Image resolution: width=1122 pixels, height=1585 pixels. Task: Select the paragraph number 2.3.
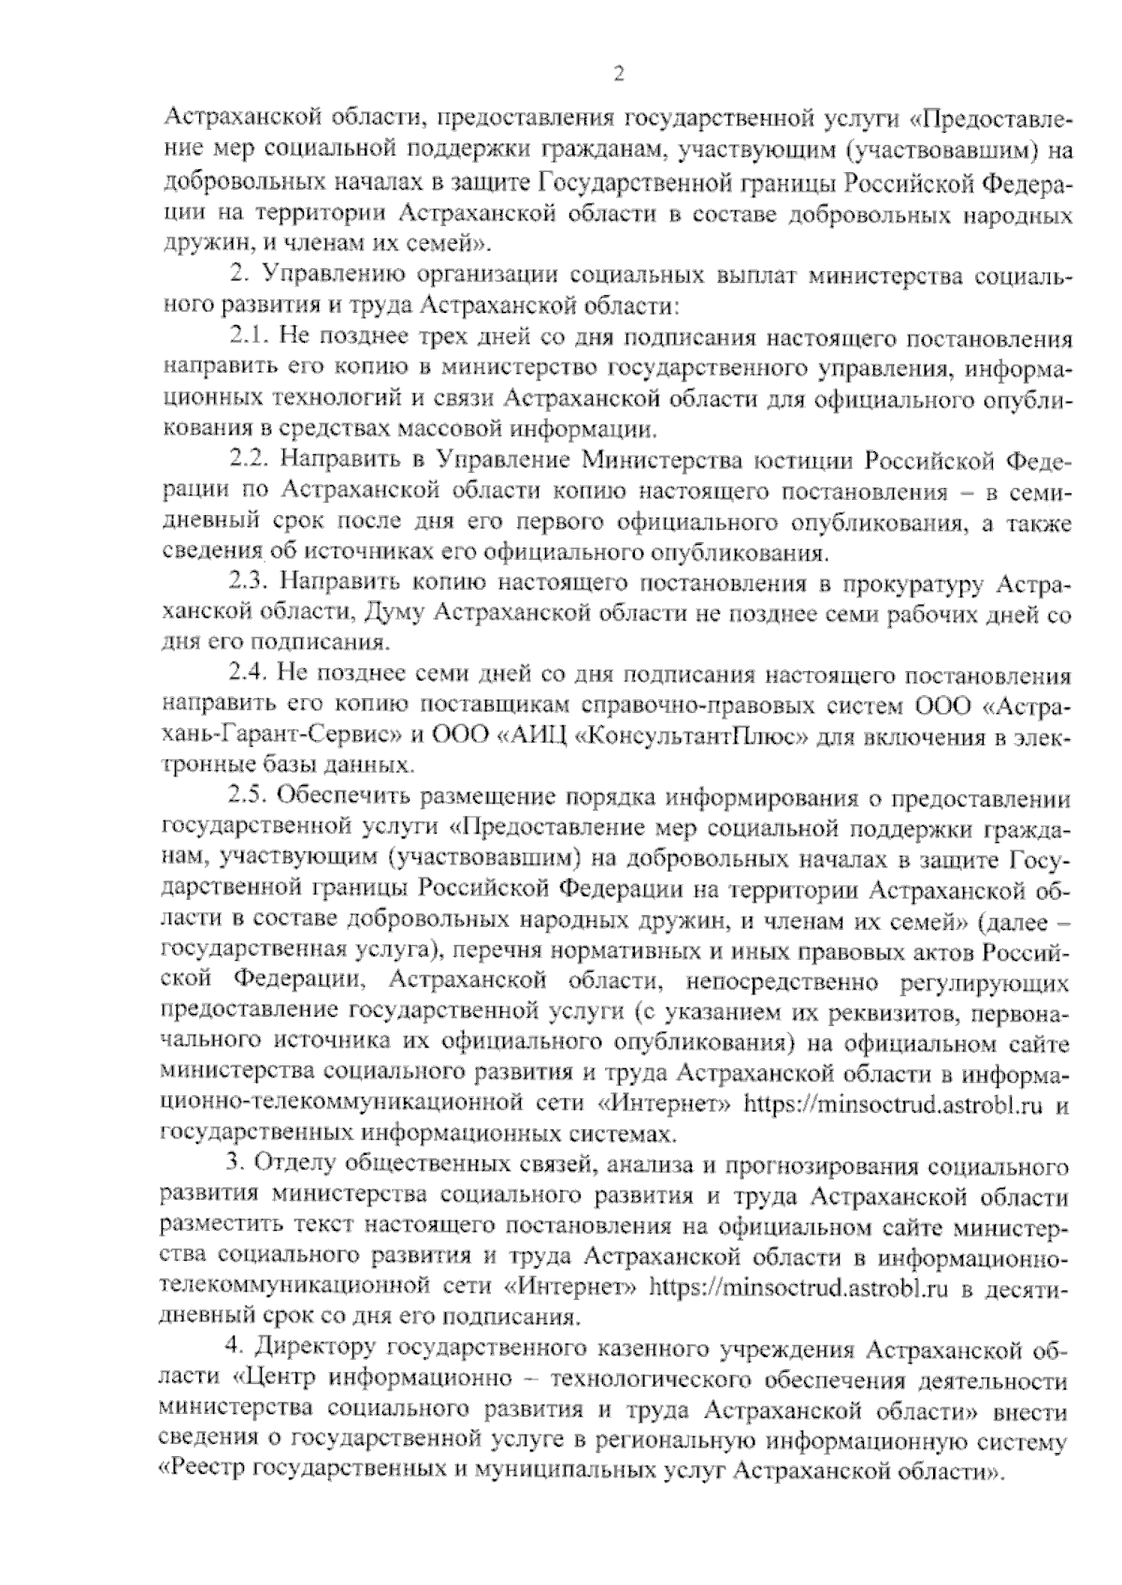point(250,583)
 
